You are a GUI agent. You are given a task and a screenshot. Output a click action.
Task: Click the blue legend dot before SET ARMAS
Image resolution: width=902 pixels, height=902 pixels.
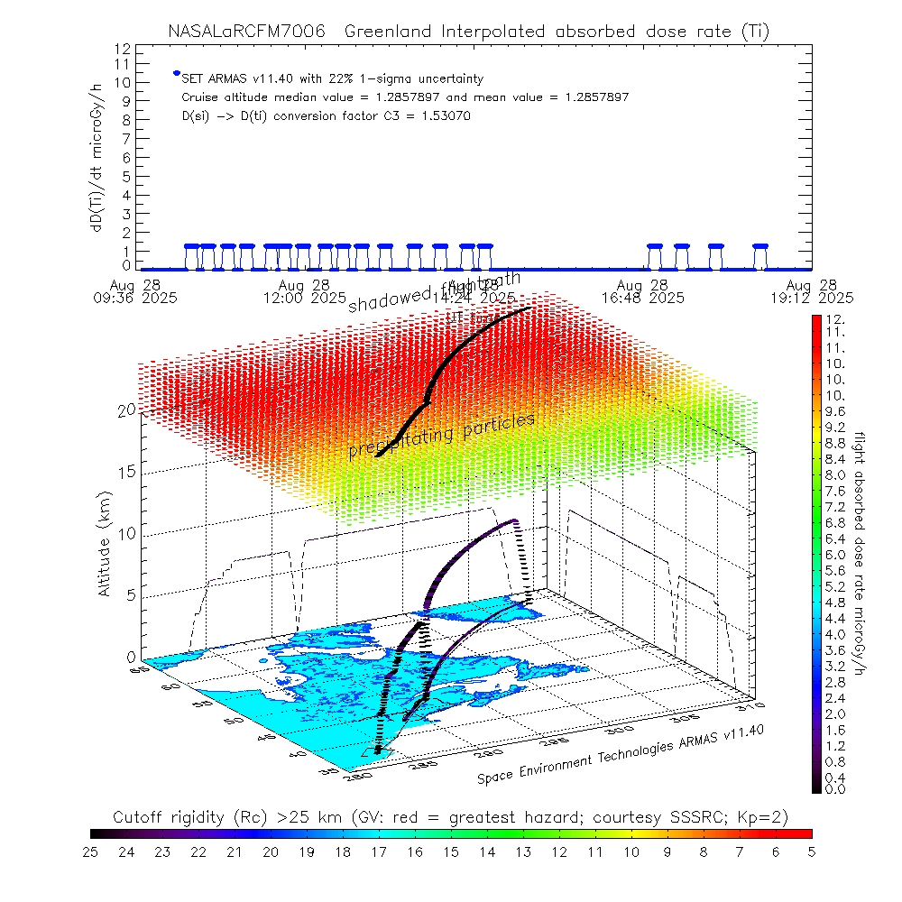(177, 73)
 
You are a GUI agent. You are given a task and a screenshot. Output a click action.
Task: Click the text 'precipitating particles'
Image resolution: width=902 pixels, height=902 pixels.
(442, 436)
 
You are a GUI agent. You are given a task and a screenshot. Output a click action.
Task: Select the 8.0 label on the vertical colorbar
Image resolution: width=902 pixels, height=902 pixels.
(835, 475)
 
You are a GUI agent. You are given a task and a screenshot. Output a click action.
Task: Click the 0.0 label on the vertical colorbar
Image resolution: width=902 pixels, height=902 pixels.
(835, 789)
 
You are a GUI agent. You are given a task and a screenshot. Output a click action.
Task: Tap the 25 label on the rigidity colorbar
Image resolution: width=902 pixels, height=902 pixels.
(91, 851)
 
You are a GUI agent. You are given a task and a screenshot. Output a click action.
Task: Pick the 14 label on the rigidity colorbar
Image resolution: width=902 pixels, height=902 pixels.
(487, 851)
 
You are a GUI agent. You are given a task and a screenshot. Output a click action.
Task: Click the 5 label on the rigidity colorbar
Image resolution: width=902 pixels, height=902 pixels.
(811, 851)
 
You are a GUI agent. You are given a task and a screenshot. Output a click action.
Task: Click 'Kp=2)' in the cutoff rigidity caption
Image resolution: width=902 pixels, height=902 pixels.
(766, 817)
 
